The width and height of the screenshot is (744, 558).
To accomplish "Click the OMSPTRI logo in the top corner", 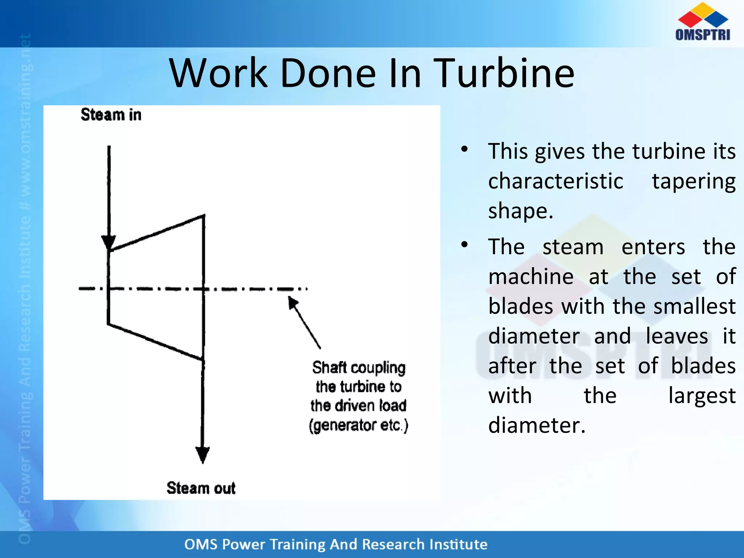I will (x=703, y=22).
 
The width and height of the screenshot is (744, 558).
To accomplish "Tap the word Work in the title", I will (x=218, y=73).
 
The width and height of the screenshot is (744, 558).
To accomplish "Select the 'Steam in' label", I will (x=111, y=115).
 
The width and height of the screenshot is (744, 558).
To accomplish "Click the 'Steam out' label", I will (x=201, y=488).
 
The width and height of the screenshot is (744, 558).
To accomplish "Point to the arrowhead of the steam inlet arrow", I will (x=109, y=242).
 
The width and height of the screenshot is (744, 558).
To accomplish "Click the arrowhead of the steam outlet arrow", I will (x=202, y=454).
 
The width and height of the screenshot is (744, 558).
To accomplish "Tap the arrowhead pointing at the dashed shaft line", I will (x=292, y=303).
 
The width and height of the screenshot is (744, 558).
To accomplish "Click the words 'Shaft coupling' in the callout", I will (x=359, y=368).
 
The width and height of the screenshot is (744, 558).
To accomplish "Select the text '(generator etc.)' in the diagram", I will (x=359, y=425).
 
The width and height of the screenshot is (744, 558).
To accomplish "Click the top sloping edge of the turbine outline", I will (x=156, y=233).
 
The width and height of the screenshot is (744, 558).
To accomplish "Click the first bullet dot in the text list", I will (x=464, y=149).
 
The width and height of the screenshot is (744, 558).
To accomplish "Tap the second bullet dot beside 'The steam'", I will (x=464, y=244).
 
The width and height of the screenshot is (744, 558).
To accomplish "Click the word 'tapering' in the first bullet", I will (x=694, y=181).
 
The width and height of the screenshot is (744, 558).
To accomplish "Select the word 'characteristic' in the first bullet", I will (x=555, y=181).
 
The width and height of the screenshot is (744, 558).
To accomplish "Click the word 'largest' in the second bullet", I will (x=702, y=396).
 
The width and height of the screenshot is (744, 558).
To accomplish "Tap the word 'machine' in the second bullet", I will (x=531, y=276).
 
